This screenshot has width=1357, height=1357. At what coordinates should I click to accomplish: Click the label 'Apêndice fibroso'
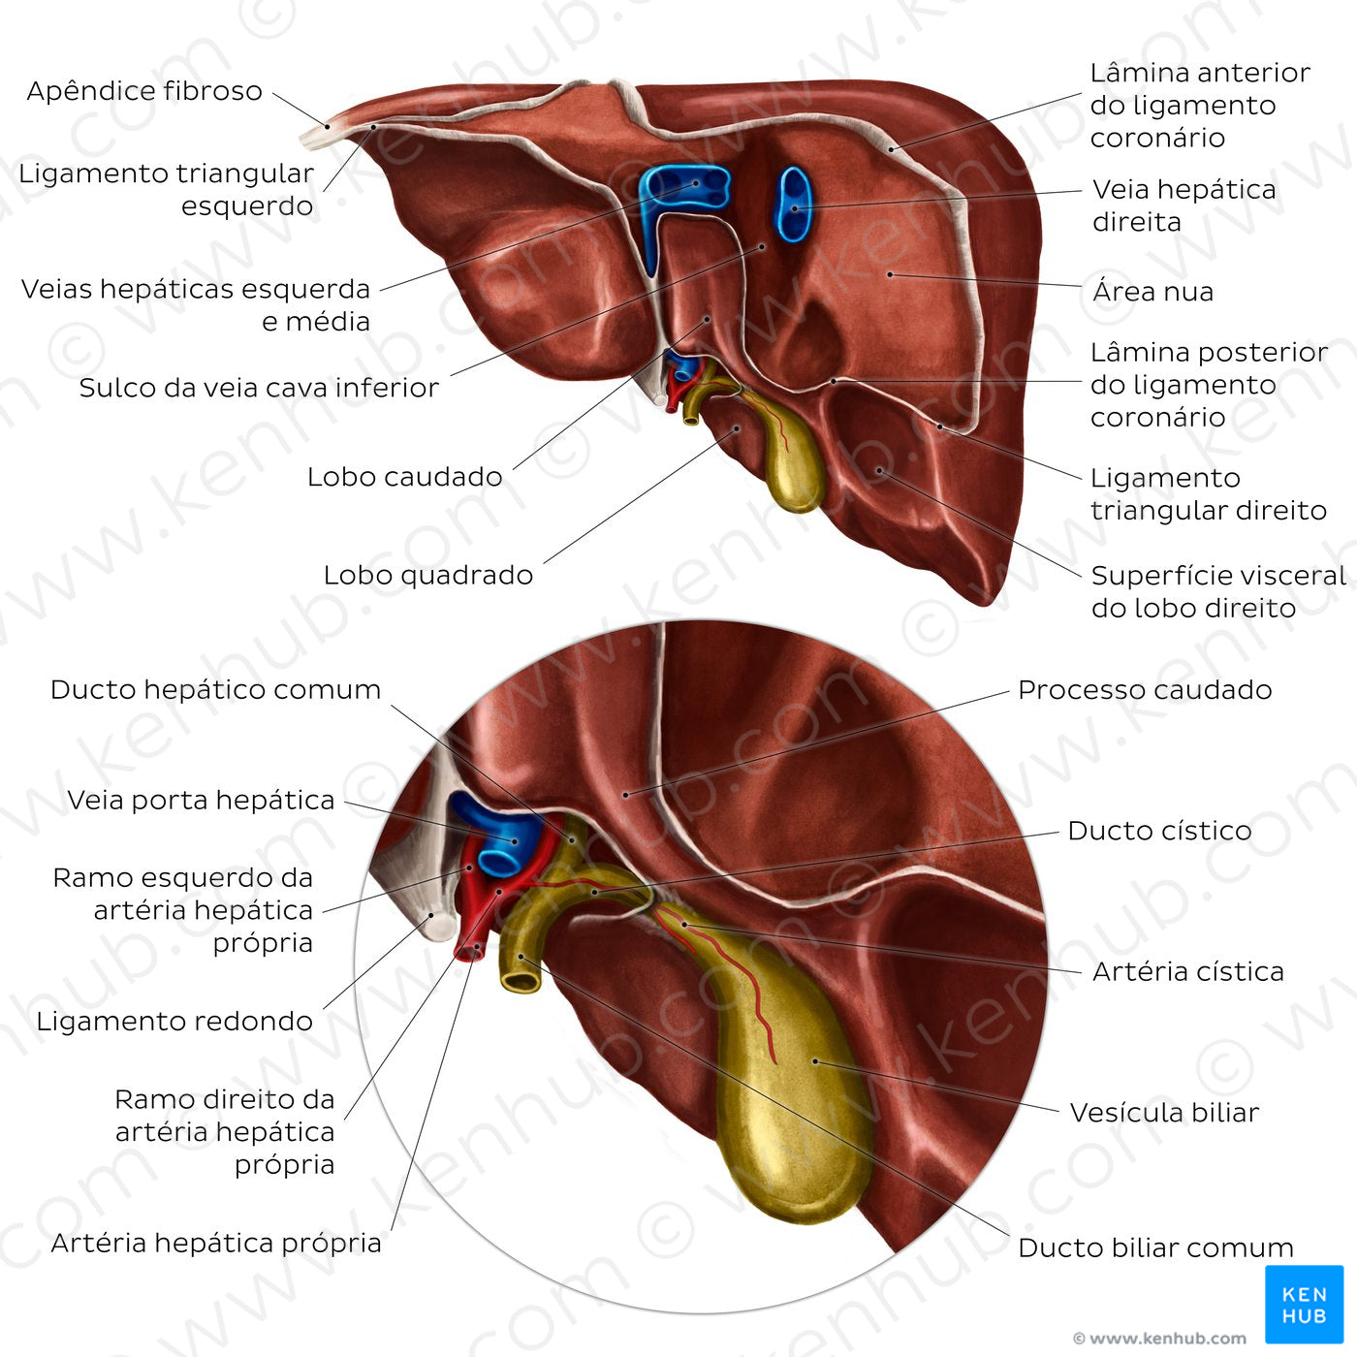144,91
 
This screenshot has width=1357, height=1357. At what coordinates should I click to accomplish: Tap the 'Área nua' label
1152,292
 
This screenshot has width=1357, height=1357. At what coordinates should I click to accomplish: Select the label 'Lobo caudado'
404,477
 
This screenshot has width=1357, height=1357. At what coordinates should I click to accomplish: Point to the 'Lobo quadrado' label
427,575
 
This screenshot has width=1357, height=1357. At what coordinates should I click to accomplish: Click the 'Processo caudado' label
1144,690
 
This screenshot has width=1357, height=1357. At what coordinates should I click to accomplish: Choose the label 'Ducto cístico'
1158,831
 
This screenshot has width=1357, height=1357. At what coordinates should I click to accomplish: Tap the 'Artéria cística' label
1187,971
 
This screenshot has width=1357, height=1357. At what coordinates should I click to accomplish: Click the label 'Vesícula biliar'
1163,1113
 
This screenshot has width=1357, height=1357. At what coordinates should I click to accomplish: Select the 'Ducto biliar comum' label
1155,1247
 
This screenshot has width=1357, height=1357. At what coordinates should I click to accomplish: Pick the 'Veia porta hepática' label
201,801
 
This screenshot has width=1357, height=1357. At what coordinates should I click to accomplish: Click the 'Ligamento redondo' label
174,1022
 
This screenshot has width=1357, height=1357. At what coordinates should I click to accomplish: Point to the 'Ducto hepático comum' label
215,690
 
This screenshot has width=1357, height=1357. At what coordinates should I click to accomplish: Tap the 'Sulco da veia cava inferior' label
259,388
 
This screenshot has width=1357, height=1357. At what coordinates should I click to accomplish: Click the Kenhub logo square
1304,1304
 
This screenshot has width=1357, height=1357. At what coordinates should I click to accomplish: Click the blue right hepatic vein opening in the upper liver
793,205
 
